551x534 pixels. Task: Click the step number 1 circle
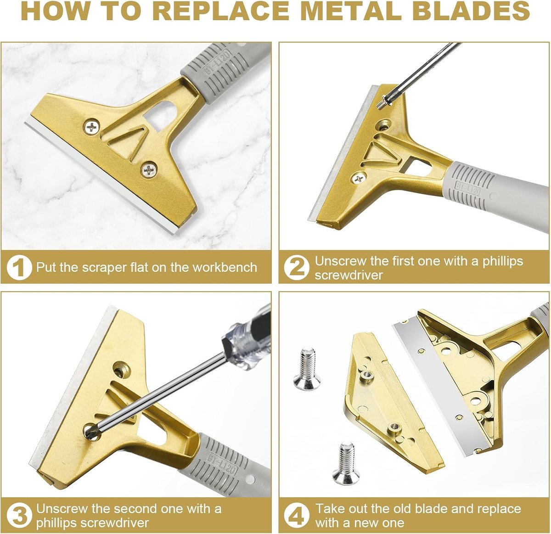coord(19,268)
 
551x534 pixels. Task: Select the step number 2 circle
coord(297,268)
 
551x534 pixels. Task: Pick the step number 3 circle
coord(19,516)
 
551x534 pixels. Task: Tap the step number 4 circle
coord(297,516)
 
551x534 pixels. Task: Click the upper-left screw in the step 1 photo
coord(92,127)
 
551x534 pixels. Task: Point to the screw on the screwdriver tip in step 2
coord(384,102)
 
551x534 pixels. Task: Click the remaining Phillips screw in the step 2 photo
coord(359,179)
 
